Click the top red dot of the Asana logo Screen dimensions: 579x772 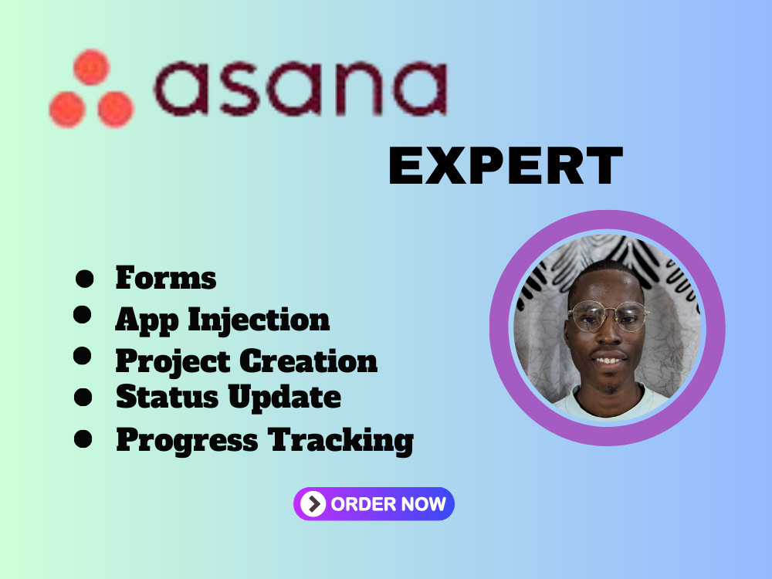coord(91,67)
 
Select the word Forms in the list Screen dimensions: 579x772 coord(166,278)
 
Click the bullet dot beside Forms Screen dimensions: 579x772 coord(84,278)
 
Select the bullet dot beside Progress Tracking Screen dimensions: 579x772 coord(83,438)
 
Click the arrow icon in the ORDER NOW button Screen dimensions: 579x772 coord(313,504)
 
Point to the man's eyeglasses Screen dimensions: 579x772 coord(608,317)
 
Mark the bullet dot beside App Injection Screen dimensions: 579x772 coord(83,315)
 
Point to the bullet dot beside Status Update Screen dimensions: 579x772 coord(83,397)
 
